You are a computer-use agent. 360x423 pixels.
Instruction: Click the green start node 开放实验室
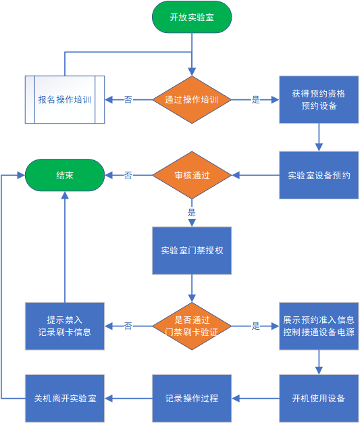(x=192, y=17)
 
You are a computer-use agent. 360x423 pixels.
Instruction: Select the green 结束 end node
(x=65, y=175)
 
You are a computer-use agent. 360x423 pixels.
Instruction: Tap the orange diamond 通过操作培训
(x=192, y=99)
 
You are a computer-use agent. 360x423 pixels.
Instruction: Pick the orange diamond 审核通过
(x=192, y=175)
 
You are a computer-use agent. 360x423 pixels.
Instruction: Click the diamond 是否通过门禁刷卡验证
(x=192, y=326)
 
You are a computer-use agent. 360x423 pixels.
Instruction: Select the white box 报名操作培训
(x=65, y=99)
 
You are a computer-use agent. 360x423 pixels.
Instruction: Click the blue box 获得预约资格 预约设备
(x=319, y=99)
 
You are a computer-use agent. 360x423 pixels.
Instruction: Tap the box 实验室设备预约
(x=319, y=175)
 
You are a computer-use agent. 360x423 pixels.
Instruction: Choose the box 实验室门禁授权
(x=192, y=251)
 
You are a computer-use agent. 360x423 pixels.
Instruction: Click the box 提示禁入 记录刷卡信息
(x=65, y=326)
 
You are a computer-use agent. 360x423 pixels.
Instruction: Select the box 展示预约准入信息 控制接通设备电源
(x=319, y=326)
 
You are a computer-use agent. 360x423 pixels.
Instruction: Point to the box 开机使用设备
(x=319, y=398)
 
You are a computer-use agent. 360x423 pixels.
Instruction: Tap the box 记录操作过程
(x=192, y=398)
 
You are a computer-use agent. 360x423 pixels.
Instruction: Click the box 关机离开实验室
(x=65, y=398)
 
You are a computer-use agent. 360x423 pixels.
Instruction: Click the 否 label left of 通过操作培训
(x=128, y=99)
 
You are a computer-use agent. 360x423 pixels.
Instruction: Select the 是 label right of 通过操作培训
(x=255, y=99)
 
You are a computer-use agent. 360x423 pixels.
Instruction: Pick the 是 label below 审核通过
(x=192, y=213)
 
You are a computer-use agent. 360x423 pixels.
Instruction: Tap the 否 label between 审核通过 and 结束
(x=128, y=175)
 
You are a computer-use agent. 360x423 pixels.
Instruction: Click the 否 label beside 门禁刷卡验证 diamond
(x=128, y=326)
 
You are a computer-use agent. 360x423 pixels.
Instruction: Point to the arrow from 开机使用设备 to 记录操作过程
(x=255, y=398)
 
